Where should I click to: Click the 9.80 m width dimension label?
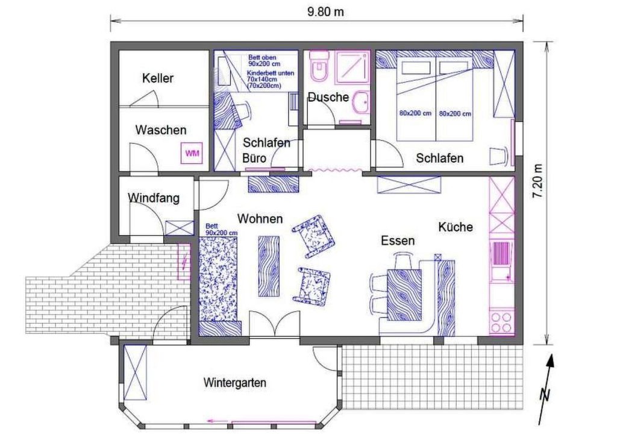click(325, 12)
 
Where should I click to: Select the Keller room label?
click(158, 78)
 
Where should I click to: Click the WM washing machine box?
click(192, 153)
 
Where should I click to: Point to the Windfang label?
click(154, 197)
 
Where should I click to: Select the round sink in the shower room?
click(361, 102)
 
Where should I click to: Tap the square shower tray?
click(352, 67)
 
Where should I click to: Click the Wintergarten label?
click(235, 382)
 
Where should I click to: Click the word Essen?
click(398, 241)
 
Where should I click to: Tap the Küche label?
click(456, 227)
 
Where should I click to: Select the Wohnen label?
click(260, 219)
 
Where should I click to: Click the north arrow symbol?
click(546, 389)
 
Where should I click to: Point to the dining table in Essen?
click(404, 295)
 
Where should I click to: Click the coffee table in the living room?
click(269, 266)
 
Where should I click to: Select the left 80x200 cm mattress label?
click(415, 113)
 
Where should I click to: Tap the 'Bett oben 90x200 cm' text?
click(264, 60)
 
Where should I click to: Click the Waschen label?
click(161, 130)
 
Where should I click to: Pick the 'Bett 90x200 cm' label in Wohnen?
click(221, 230)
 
